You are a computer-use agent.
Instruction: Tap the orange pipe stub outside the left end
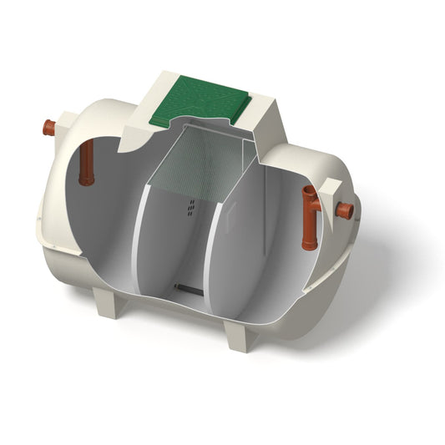coord(49,128)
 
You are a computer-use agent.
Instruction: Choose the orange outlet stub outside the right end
coord(344,210)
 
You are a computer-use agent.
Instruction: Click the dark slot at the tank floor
coord(186,289)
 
